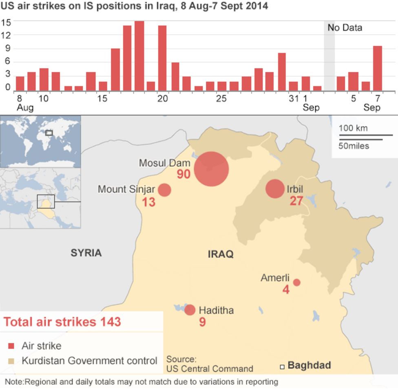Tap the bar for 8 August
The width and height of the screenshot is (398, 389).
click(20, 84)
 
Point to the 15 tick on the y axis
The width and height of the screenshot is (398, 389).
click(6, 22)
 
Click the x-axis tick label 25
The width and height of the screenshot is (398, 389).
click(221, 99)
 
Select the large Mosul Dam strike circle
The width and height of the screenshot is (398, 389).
click(211, 169)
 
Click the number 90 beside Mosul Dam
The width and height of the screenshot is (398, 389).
click(184, 174)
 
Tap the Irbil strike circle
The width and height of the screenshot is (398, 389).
click(275, 189)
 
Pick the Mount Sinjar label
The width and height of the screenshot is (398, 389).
click(126, 189)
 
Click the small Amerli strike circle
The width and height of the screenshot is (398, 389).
click(296, 283)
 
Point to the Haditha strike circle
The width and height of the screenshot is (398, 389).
click(190, 310)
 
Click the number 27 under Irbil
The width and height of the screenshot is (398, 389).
click(296, 201)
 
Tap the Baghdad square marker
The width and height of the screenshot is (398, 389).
click(282, 367)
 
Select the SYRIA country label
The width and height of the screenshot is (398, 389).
click(86, 253)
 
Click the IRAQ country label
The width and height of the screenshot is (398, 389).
click(221, 254)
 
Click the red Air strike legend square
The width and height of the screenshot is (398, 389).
click(11, 346)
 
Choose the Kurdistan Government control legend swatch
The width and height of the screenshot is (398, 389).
click(11, 361)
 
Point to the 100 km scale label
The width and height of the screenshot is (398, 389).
click(353, 128)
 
